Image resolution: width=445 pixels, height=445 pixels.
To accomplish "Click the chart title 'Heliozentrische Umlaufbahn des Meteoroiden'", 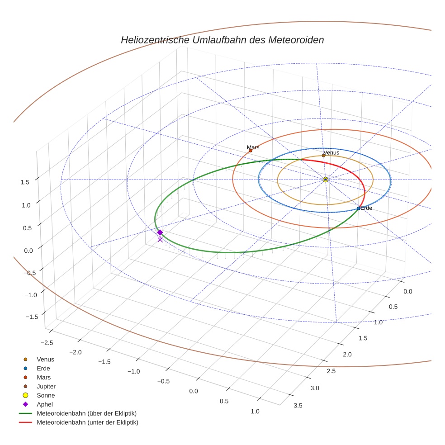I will tap(222, 40).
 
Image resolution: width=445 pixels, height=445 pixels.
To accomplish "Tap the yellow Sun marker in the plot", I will tap(326, 180).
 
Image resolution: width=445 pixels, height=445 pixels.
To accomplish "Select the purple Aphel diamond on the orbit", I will tap(160, 232).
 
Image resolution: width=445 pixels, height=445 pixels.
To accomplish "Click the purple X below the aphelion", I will tap(160, 240).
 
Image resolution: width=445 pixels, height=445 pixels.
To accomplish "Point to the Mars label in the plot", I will tap(253, 147).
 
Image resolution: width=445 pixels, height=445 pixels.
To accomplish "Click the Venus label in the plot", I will tap(331, 152).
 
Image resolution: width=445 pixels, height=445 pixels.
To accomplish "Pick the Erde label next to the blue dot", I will tap(366, 208).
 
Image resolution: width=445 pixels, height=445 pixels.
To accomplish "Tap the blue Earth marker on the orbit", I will tap(359, 208).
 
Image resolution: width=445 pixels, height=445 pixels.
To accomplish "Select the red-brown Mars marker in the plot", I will tap(251, 151).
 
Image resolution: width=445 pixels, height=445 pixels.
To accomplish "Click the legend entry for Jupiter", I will tap(46, 386).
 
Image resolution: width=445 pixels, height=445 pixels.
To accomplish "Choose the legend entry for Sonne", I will tap(46, 395).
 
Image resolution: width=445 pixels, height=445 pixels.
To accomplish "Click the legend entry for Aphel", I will tap(45, 404).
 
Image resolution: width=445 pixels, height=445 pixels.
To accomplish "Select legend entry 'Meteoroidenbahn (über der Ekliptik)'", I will tap(86, 413).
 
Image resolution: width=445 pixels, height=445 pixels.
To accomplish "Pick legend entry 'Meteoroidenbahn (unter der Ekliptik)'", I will tap(87, 422).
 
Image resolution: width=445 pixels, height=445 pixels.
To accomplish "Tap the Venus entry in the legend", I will tap(45, 359).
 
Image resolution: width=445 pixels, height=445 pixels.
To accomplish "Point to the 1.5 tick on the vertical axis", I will tap(25, 182).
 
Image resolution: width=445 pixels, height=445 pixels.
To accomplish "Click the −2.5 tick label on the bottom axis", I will tap(47, 343).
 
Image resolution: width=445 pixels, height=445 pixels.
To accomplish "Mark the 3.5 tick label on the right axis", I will tap(298, 405).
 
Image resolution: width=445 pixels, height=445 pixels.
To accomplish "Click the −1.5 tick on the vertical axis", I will tap(23, 317).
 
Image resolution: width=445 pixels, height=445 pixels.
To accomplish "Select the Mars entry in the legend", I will tap(43, 377).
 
